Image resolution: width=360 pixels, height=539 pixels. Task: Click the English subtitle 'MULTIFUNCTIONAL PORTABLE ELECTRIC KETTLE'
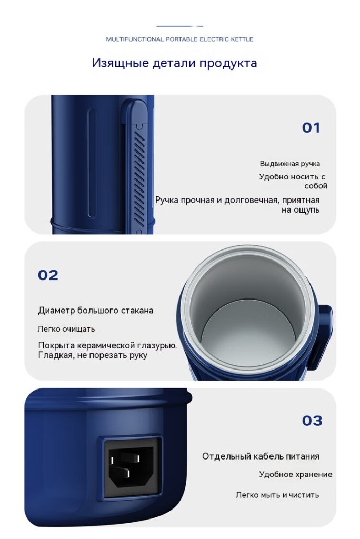tap(179, 39)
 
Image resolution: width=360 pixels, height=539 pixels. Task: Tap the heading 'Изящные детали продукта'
tap(174, 63)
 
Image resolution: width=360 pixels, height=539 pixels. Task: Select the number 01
tap(311, 128)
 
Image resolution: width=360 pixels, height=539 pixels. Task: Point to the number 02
tap(48, 275)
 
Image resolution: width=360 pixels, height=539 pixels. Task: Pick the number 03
tap(312, 421)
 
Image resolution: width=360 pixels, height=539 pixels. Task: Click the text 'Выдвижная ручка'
tap(289, 164)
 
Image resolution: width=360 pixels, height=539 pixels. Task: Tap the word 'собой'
tap(316, 186)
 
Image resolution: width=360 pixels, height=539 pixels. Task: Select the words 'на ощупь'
tap(300, 209)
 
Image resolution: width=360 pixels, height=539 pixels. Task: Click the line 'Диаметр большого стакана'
tap(96, 311)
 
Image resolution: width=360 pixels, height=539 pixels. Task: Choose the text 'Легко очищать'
tap(66, 329)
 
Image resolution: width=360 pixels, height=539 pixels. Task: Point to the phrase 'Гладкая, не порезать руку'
tap(93, 355)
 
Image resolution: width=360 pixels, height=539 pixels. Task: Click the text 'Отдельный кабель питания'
tap(261, 456)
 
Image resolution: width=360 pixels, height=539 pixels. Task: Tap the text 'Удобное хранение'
tap(296, 474)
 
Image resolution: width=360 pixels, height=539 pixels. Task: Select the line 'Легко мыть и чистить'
tap(277, 495)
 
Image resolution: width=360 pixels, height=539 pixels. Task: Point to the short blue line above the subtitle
tap(179, 26)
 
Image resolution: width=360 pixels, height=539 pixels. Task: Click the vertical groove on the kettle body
tap(92, 163)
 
